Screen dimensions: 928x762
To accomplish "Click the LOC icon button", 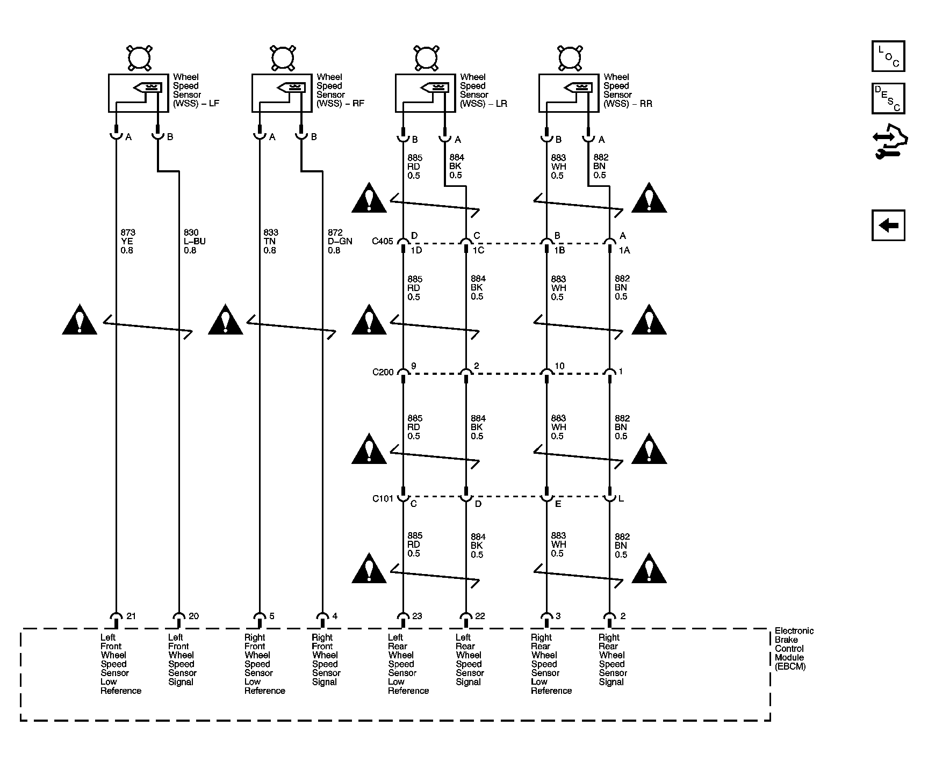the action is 888,56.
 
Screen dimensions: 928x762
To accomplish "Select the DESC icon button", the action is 888,98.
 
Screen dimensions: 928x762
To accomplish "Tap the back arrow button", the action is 888,225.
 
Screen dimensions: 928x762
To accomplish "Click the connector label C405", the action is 383,241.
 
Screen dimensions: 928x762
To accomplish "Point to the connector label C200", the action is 383,372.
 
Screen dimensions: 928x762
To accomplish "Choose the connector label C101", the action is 383,498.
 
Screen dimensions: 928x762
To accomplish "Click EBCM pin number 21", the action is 131,616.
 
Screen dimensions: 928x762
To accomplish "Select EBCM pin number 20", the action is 193,616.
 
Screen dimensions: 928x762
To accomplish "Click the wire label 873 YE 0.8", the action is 128,241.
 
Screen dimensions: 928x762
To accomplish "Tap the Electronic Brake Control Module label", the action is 794,648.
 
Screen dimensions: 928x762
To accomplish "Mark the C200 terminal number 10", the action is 559,366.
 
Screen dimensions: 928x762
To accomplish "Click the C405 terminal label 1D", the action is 416,250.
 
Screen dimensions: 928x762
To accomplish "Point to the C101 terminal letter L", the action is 621,499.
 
